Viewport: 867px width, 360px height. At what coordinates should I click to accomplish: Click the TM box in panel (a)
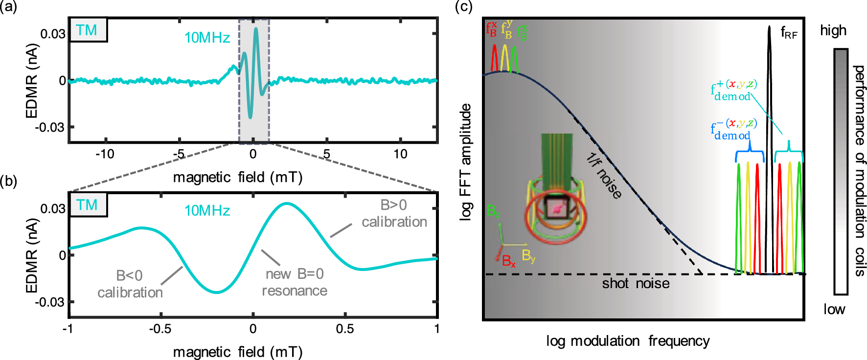point(88,30)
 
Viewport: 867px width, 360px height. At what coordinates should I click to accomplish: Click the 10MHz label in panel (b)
point(207,211)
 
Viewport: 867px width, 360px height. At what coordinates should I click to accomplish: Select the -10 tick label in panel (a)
point(105,154)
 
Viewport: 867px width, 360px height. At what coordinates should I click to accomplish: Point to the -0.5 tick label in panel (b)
point(160,329)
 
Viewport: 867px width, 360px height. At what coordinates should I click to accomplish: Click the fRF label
point(789,33)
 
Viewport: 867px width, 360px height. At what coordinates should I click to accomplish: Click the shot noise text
point(635,284)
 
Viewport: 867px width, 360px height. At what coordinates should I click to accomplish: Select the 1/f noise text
point(604,176)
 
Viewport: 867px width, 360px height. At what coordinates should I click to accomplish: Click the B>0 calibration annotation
point(394,213)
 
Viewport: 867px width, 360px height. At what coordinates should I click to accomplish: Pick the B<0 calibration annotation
point(130,284)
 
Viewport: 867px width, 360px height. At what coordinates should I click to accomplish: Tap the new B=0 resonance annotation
point(295,282)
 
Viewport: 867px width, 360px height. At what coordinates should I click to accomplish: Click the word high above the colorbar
point(833,31)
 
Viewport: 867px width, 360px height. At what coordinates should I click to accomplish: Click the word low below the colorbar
point(834,309)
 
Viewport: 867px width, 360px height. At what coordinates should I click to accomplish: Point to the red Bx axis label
point(508,261)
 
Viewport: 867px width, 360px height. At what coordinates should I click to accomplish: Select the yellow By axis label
point(528,256)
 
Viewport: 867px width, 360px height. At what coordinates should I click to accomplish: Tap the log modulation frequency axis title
point(628,341)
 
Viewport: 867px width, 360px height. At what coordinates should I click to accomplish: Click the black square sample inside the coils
point(557,208)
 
